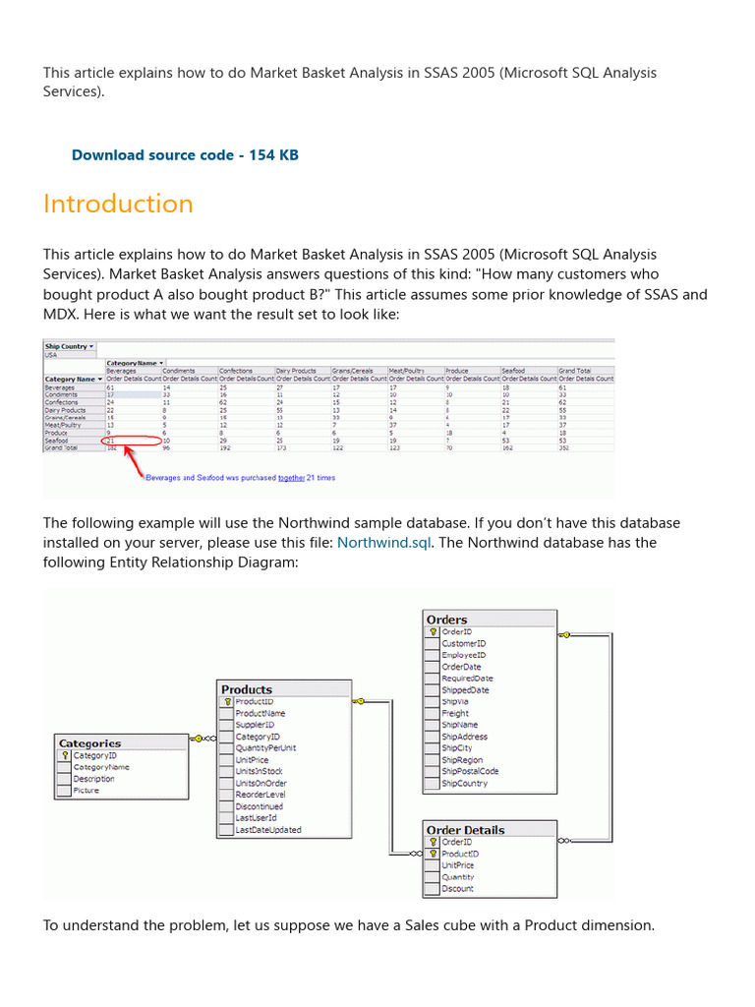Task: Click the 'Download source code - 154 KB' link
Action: (x=185, y=155)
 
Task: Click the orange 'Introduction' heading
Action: (x=118, y=204)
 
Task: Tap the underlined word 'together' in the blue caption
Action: (x=291, y=478)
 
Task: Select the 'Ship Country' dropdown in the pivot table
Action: (x=69, y=346)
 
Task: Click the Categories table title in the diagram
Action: (x=90, y=743)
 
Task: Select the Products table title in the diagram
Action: (x=247, y=689)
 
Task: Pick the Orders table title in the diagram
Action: (x=447, y=620)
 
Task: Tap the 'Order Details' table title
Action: (x=465, y=830)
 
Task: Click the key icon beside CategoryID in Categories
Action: (x=65, y=756)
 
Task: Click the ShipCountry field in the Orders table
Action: (x=464, y=784)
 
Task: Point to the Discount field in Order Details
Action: (x=457, y=889)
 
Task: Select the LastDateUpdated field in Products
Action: (x=268, y=830)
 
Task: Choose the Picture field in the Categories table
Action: (x=86, y=791)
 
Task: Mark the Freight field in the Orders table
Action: (x=455, y=714)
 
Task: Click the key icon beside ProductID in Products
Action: (x=227, y=702)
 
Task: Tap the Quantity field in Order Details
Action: (x=458, y=877)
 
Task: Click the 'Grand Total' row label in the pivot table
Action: (x=65, y=447)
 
